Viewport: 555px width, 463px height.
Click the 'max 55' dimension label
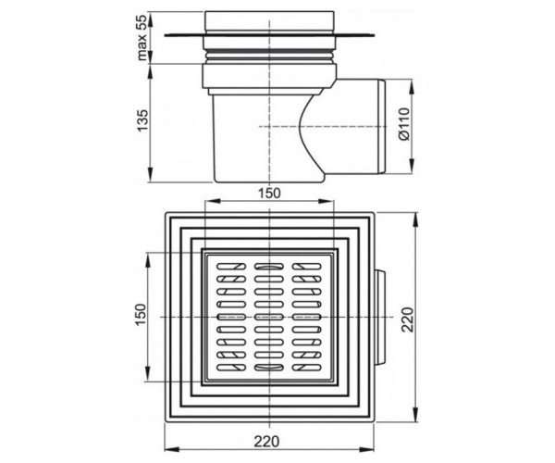pos(142,37)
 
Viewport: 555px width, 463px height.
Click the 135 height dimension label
pos(142,120)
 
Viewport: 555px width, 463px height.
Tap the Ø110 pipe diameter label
pos(404,124)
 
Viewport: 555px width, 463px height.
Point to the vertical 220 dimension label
pos(407,319)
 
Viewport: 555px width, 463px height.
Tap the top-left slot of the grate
pos(231,267)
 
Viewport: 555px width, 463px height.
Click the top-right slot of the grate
pos(307,267)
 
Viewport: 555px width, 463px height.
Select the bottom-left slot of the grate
pos(231,368)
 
